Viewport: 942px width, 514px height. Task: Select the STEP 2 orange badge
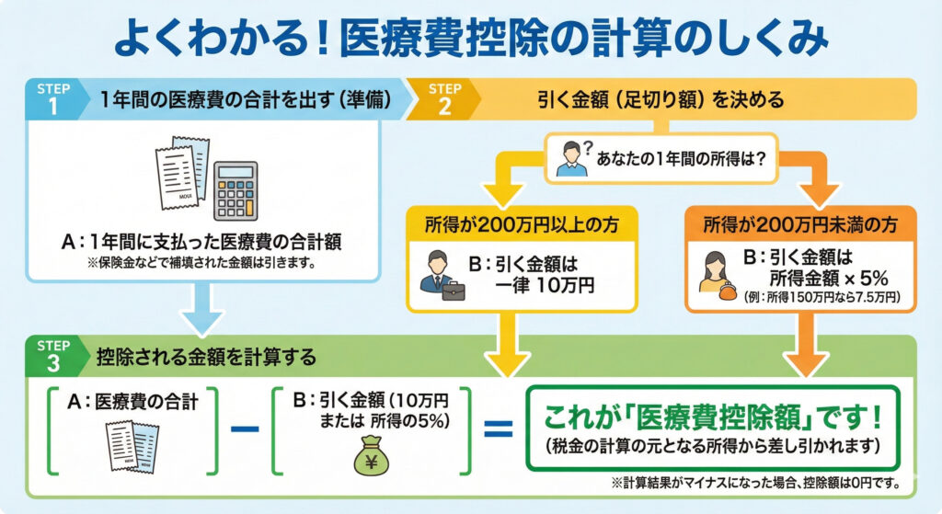pos(444,98)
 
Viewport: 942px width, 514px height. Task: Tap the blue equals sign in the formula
pos(497,428)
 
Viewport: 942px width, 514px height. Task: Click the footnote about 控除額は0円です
pos(754,482)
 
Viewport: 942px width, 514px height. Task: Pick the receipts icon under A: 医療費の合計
pos(127,446)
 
